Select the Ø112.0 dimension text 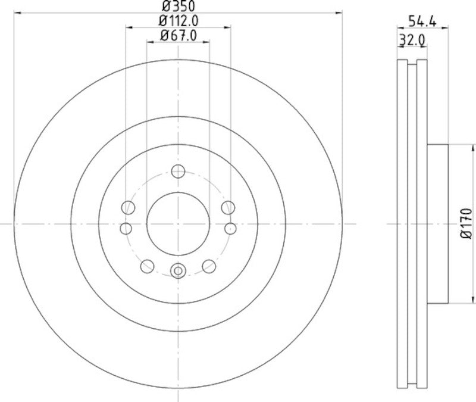[x=178, y=21]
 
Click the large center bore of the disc [x=178, y=223]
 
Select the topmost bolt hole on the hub [x=178, y=172]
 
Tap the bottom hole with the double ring [x=178, y=271]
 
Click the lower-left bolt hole [x=148, y=266]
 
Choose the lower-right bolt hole [x=208, y=266]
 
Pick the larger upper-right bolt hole [x=228, y=207]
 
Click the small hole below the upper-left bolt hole [x=126, y=228]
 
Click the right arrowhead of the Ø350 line [x=340, y=11]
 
